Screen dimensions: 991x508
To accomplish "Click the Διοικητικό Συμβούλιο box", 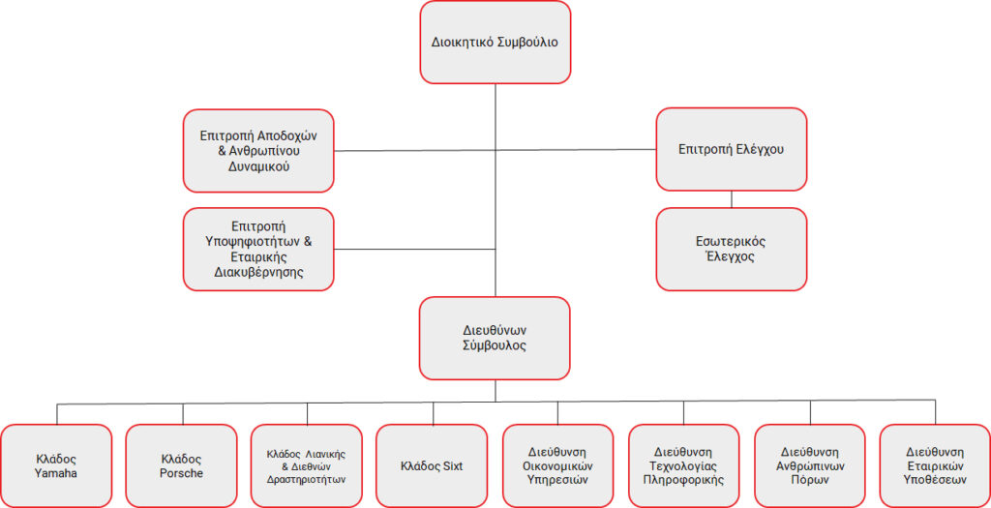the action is click(x=495, y=43).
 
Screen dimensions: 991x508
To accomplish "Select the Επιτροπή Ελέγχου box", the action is click(x=732, y=149).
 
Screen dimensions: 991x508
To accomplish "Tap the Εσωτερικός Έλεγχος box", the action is click(x=732, y=249).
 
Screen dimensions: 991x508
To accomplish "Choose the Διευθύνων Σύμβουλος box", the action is click(x=495, y=338).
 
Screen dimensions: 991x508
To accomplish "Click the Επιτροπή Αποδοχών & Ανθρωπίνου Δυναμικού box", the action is click(x=258, y=150).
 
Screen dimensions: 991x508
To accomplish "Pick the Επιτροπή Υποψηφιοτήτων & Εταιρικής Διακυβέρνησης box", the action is click(x=258, y=249).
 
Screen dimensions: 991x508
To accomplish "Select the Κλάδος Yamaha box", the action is click(x=56, y=465).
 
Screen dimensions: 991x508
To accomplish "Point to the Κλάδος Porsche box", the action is click(x=181, y=465).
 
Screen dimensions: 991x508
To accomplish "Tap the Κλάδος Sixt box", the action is click(x=432, y=465).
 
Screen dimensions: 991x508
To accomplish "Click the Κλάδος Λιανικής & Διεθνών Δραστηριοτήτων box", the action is click(x=307, y=465).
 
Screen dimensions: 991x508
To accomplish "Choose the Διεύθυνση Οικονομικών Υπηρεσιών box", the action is click(x=558, y=465).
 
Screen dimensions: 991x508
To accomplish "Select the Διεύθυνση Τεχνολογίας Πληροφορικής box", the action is click(x=683, y=465).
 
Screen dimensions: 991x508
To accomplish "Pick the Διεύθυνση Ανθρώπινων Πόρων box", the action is click(x=810, y=465).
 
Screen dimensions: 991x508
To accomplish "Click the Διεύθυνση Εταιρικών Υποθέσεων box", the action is click(x=935, y=465).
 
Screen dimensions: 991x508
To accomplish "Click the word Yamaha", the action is click(x=56, y=473).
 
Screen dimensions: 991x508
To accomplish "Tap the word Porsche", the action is click(x=181, y=473).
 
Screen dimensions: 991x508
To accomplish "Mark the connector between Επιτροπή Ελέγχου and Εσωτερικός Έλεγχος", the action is click(x=732, y=199).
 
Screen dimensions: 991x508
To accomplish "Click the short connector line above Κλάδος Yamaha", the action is click(x=57, y=414).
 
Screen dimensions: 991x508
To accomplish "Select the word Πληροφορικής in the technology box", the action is click(x=683, y=480).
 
